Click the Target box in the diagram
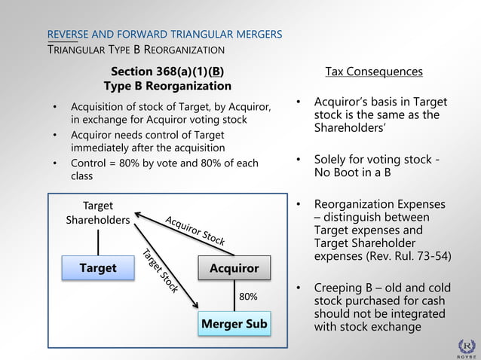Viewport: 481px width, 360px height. [x=98, y=268]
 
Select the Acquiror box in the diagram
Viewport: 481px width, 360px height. [x=234, y=268]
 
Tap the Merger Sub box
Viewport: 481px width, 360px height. [x=234, y=324]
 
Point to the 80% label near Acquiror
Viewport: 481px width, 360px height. [x=248, y=296]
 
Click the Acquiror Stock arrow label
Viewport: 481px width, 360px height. [x=195, y=230]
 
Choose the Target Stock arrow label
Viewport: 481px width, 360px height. [x=160, y=270]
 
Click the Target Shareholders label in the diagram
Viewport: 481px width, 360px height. [x=97, y=212]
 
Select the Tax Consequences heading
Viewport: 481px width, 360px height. [x=373, y=72]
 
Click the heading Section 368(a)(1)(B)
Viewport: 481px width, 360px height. [x=167, y=72]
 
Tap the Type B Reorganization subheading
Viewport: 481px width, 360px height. [x=167, y=87]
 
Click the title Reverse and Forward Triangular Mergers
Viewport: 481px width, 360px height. [x=164, y=35]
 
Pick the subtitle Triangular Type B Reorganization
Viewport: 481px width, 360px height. [x=136, y=50]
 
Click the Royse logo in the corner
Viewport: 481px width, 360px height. [x=467, y=346]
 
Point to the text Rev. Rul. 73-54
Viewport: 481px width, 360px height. [x=417, y=256]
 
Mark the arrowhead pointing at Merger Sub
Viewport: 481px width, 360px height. [x=196, y=305]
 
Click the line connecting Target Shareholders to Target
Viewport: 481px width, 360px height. [x=98, y=242]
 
